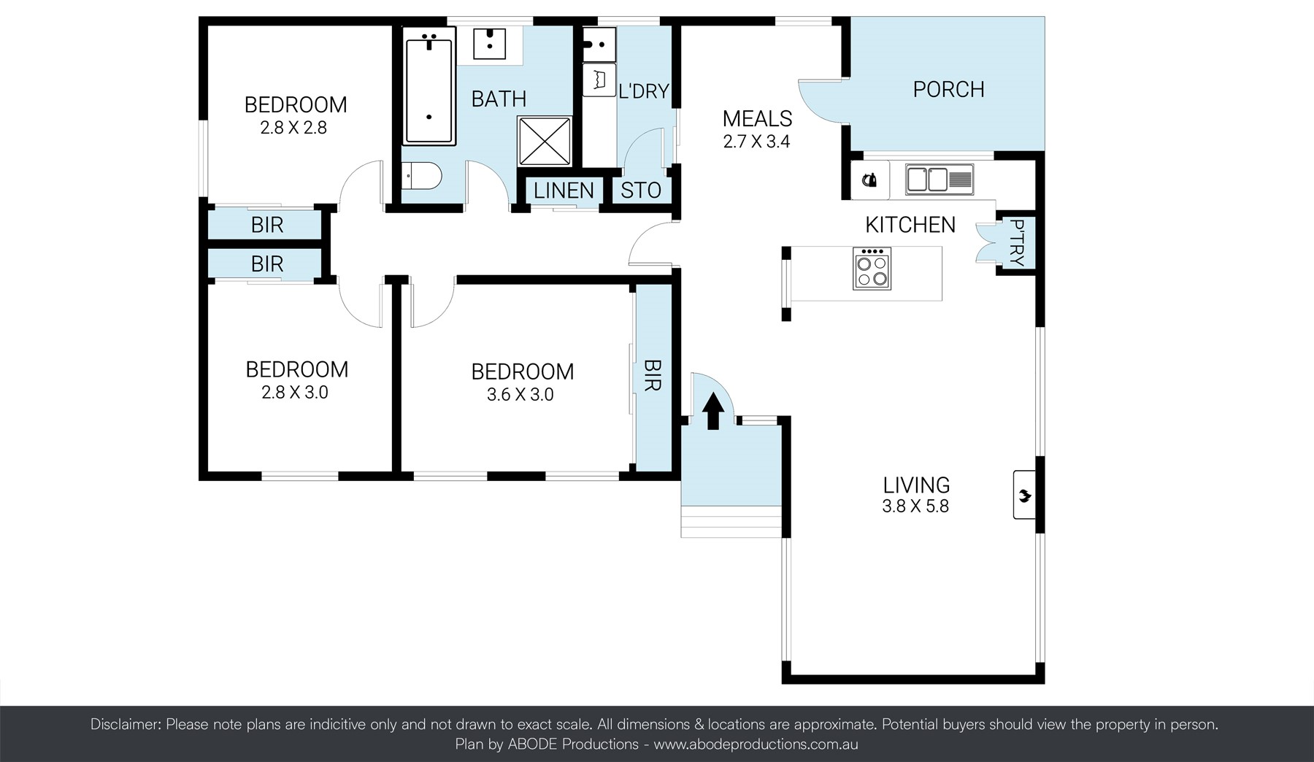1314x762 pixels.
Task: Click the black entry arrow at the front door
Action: click(x=712, y=410)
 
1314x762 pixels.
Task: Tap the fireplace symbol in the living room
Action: click(x=1024, y=496)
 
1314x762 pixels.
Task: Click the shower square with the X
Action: click(x=544, y=141)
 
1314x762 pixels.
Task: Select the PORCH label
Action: click(x=948, y=90)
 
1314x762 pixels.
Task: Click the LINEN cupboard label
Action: click(x=563, y=191)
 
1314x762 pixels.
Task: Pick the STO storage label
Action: click(x=640, y=190)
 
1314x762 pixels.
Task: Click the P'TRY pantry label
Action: click(x=1016, y=242)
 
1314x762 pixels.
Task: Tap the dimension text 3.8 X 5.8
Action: click(x=915, y=507)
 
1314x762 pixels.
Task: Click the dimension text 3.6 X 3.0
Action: click(x=520, y=395)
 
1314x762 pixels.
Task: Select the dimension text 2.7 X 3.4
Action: click(x=756, y=142)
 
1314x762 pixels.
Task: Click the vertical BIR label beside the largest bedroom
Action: click(x=652, y=375)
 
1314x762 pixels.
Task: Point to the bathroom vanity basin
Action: click(x=489, y=43)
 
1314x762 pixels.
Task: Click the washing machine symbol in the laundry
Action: click(x=599, y=80)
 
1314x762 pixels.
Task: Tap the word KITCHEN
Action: click(x=910, y=225)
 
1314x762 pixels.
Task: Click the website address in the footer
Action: click(x=755, y=744)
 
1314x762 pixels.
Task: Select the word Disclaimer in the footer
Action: click(x=124, y=725)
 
